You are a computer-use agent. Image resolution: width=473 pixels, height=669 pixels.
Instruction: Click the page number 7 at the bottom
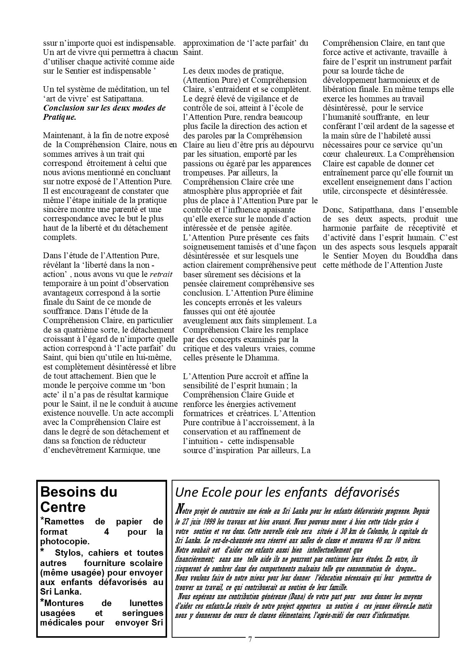pyautogui.click(x=250, y=640)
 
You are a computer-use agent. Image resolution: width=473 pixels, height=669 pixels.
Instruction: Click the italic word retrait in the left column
pyautogui.click(x=161, y=274)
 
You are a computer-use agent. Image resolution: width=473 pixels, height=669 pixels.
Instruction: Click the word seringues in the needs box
pyautogui.click(x=142, y=613)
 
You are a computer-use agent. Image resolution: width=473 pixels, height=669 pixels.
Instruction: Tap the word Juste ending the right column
pyautogui.click(x=433, y=265)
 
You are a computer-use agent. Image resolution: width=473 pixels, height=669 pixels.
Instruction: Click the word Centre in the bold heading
pyautogui.click(x=63, y=507)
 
